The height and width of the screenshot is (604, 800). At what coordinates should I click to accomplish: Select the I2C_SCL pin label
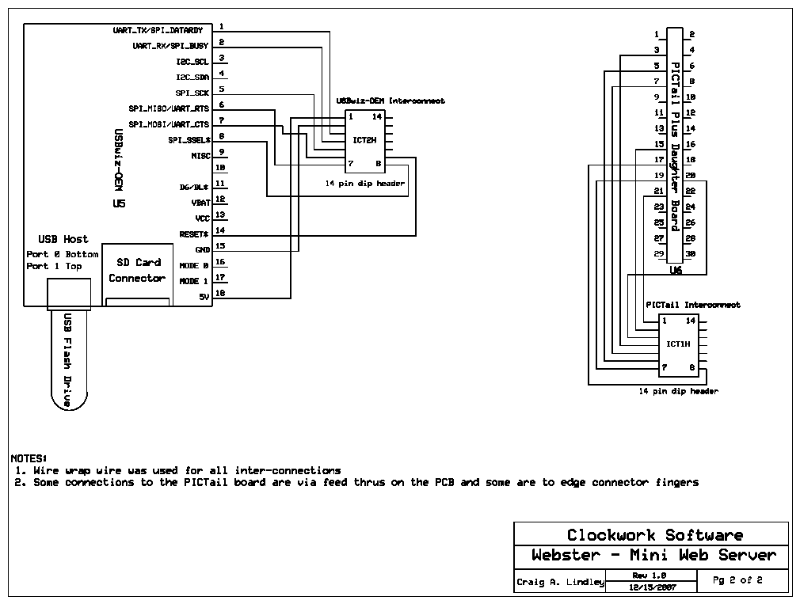tap(192, 61)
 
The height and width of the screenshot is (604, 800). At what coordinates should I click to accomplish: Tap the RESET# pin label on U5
tap(194, 234)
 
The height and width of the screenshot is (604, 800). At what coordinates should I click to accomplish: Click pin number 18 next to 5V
tap(221, 294)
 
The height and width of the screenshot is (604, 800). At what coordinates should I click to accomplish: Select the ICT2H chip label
tap(364, 140)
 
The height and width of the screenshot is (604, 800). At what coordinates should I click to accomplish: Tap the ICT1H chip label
tap(677, 344)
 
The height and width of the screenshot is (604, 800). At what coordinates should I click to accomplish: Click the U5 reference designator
tap(120, 204)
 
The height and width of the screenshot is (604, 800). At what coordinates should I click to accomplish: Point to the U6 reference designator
tap(676, 271)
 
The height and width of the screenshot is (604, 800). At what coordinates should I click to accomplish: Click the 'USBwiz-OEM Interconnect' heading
tap(390, 101)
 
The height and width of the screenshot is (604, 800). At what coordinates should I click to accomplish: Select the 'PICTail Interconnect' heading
tap(692, 304)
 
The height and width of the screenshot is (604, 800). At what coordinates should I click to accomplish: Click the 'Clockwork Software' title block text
tap(654, 535)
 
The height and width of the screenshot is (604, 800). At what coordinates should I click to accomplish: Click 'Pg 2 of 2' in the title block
tap(737, 580)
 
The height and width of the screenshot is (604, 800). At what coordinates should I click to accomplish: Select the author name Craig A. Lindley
tap(560, 582)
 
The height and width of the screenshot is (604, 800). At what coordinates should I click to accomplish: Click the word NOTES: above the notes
tap(29, 458)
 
